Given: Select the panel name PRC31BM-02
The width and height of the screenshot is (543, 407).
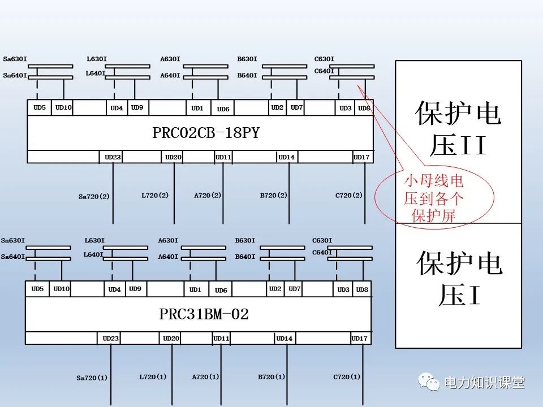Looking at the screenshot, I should coord(201,314).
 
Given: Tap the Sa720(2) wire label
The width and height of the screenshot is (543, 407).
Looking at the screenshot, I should coord(94,197).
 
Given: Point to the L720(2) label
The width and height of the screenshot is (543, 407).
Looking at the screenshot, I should coord(155,196).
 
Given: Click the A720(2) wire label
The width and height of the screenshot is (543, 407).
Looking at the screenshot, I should coord(208,196).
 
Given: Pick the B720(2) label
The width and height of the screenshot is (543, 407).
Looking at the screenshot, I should coord(274,196).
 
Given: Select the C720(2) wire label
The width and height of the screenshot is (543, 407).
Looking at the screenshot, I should coord(349,196).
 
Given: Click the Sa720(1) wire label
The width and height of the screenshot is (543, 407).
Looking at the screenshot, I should coord(92,378).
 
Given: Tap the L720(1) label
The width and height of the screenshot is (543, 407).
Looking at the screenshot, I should coord(153,376).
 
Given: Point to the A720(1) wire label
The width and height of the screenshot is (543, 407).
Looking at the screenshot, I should coord(205,376).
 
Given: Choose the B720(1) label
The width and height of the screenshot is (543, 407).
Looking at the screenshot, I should coord(271,376).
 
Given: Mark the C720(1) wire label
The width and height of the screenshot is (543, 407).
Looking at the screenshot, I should coord(347,376).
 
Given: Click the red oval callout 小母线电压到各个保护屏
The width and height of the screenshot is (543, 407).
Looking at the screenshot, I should coord(434,198).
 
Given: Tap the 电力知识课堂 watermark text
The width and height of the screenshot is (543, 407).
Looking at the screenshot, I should coord(485,383).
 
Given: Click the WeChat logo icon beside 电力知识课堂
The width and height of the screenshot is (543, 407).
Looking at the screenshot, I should coord(430,383).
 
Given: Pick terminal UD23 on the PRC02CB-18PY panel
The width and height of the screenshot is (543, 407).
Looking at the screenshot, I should coord(113,157).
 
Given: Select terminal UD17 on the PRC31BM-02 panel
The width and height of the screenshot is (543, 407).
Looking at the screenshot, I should coord(359,339).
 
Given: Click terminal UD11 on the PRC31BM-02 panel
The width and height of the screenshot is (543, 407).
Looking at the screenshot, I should coord(221,339).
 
